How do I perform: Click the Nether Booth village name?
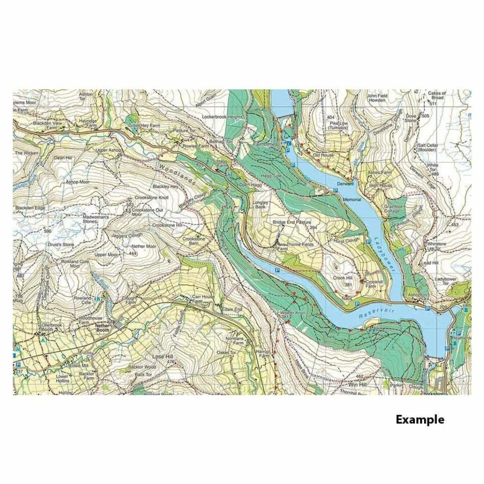(101, 327)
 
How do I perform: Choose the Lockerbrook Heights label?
(222, 117)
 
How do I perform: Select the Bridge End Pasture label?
(297, 222)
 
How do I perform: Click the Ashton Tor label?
(85, 96)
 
